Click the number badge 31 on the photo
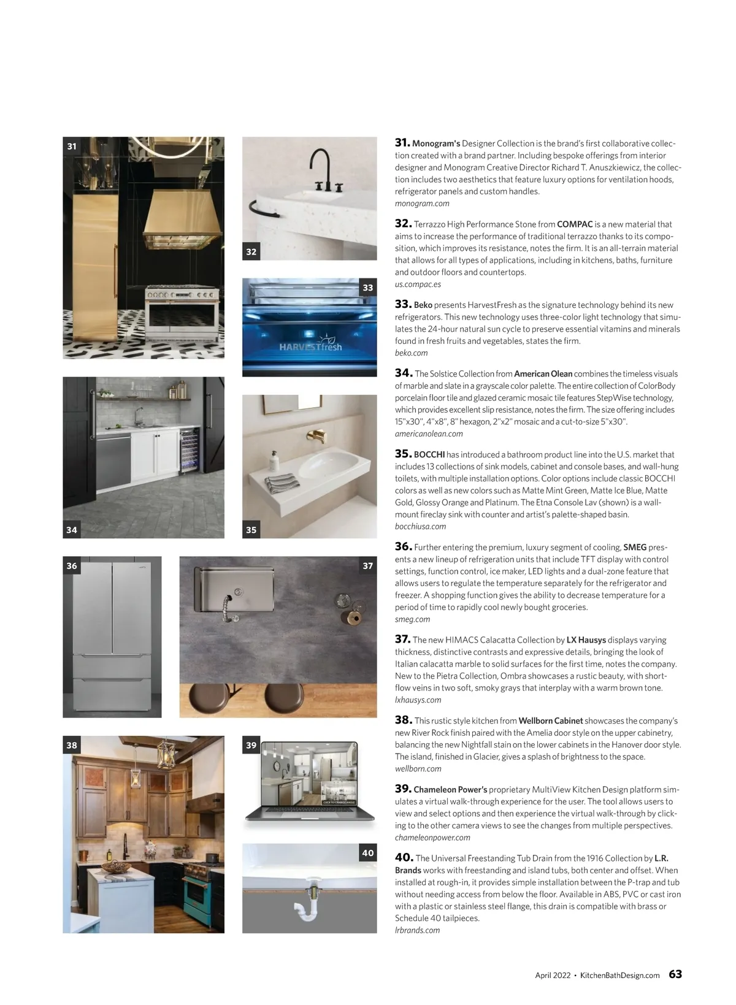[x=72, y=146]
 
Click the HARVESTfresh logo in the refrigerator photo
[x=311, y=346]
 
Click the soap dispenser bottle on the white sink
[x=274, y=459]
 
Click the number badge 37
[x=367, y=565]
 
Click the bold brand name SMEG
[x=635, y=547]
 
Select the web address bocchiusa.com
[x=420, y=526]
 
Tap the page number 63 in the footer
[x=675, y=974]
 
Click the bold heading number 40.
[x=403, y=857]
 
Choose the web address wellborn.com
[x=418, y=768]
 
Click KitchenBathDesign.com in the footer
[x=619, y=975]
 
